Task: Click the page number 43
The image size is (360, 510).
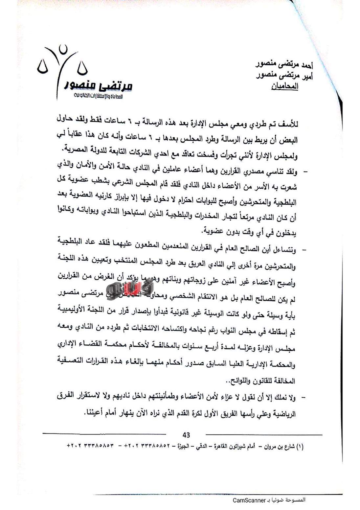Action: (x=186, y=435)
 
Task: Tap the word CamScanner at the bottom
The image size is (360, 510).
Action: (x=249, y=500)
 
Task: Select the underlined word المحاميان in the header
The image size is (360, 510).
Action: (x=284, y=87)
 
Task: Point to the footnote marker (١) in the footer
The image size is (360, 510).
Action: (x=300, y=446)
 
